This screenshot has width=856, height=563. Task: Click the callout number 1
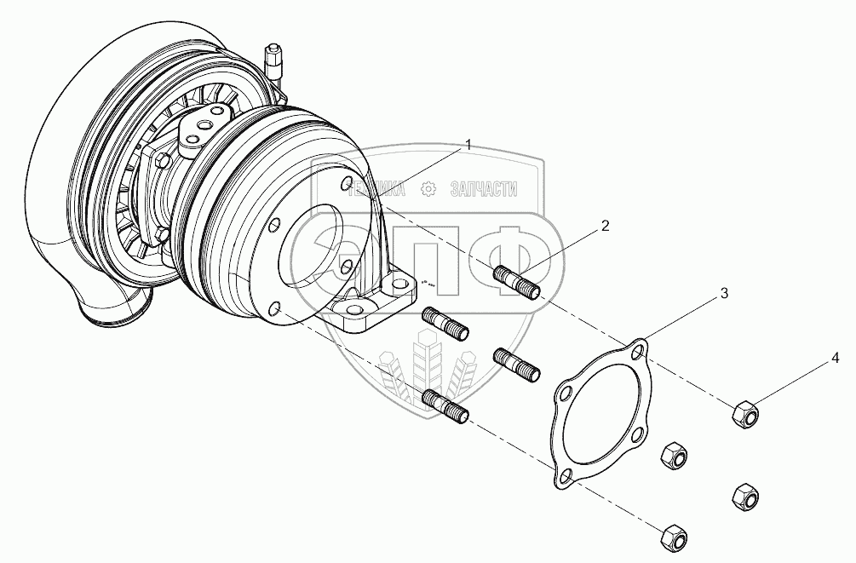click(468, 146)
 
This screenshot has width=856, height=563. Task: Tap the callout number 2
click(605, 226)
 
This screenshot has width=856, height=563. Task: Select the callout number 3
click(723, 294)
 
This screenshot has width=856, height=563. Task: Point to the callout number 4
click(836, 359)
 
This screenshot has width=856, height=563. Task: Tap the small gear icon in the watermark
click(430, 189)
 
